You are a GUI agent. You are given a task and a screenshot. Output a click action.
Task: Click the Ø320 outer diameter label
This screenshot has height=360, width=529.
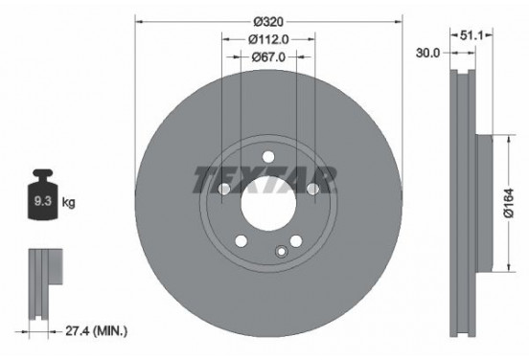tap(269, 20)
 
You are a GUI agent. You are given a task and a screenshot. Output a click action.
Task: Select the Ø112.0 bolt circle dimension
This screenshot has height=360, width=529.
tap(269, 39)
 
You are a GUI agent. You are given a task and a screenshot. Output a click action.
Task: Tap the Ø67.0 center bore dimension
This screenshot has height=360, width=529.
tap(269, 56)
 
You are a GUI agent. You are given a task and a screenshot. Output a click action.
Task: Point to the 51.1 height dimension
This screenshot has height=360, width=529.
tap(471, 34)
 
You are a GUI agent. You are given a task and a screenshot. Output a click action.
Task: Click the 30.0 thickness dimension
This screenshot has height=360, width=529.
tap(428, 55)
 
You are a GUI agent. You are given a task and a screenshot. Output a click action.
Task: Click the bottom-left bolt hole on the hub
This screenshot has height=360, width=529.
tap(241, 240)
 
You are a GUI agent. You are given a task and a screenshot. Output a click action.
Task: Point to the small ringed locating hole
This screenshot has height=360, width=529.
tap(281, 252)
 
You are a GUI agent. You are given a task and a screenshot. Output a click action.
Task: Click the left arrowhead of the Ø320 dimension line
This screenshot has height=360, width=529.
tap(138, 20)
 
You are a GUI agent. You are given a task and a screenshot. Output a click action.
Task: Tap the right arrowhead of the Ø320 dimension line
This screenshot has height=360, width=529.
tap(401, 20)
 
